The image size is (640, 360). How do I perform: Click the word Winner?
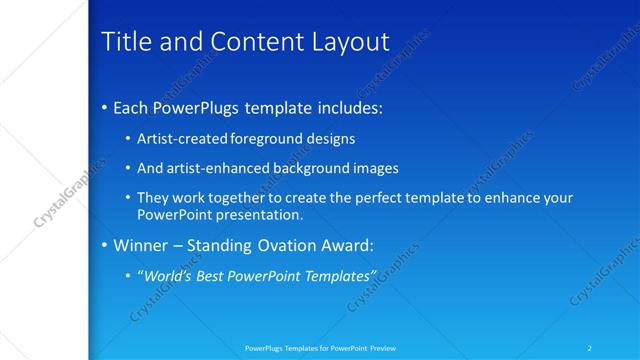click(141, 245)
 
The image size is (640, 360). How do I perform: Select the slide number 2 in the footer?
click(590, 348)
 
